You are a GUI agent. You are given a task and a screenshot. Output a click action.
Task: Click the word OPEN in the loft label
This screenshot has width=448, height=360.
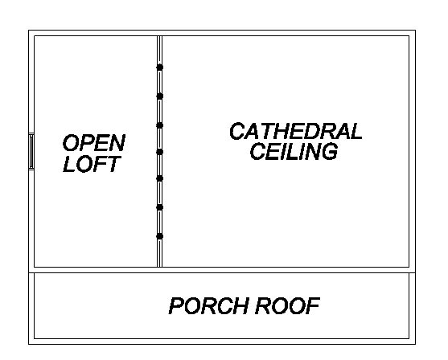click(x=94, y=143)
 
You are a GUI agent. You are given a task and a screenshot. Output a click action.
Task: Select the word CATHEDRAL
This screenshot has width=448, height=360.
click(x=296, y=131)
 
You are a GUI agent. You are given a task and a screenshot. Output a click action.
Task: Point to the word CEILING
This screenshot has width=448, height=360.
click(x=294, y=151)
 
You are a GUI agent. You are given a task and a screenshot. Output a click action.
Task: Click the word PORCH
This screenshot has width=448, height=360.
click(x=208, y=305)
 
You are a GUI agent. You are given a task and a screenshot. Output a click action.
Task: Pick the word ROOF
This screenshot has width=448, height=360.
click(x=287, y=305)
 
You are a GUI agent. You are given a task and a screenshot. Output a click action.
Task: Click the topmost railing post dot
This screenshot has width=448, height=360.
click(x=160, y=67)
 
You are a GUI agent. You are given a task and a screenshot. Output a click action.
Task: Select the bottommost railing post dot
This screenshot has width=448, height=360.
click(x=160, y=236)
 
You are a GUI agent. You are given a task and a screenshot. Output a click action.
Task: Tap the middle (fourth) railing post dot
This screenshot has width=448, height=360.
click(x=160, y=152)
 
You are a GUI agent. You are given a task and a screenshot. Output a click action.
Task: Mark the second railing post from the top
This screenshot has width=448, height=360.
click(x=160, y=96)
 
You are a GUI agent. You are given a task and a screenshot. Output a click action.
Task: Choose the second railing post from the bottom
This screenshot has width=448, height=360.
click(x=160, y=207)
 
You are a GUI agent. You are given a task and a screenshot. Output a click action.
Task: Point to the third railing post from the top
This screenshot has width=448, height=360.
click(x=160, y=125)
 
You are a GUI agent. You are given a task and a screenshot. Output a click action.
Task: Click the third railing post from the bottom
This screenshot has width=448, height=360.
click(x=160, y=178)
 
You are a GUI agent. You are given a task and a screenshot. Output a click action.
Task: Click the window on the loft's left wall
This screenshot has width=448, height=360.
click(x=31, y=151)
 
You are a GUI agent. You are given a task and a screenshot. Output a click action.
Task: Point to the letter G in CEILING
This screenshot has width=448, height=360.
click(x=330, y=151)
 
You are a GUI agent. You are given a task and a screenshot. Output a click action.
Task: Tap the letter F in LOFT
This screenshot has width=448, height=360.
click(x=99, y=164)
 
